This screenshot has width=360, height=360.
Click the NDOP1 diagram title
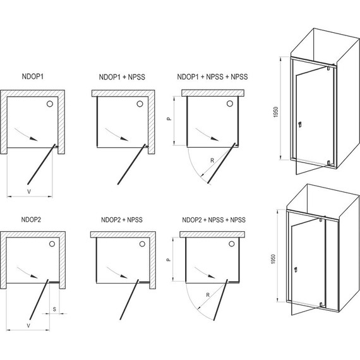[x=31, y=77]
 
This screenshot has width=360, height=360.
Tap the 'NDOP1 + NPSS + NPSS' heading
[x=212, y=77]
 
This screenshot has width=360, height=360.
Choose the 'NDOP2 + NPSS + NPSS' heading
[x=212, y=220]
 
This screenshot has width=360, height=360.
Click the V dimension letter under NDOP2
[x=29, y=327]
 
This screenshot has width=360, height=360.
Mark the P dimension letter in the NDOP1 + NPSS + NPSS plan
[x=167, y=118]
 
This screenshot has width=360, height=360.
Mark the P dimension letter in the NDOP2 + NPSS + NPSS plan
[x=167, y=259]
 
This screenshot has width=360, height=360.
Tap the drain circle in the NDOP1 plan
[x=49, y=102]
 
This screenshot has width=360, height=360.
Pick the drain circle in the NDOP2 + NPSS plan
[x=142, y=244]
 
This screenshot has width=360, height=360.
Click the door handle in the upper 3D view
[x=298, y=124]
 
